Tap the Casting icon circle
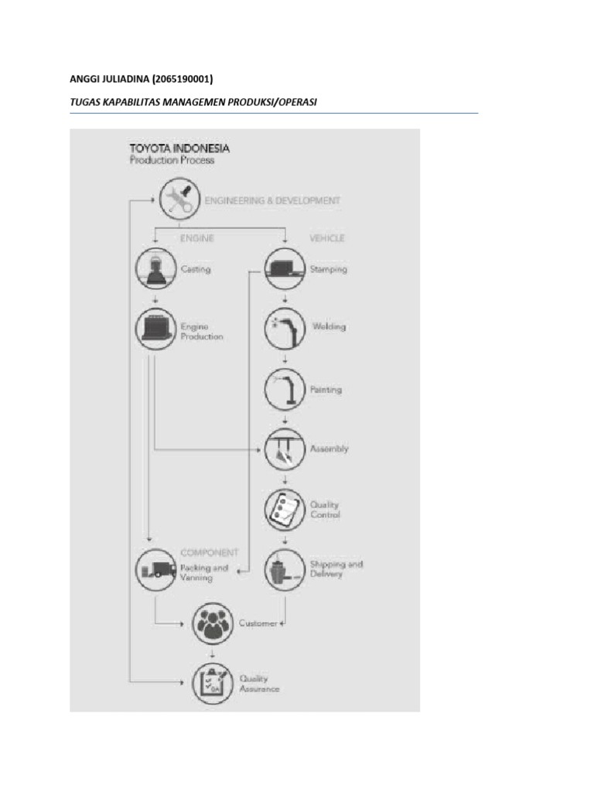point(153,268)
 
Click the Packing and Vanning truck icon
point(153,570)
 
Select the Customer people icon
point(212,623)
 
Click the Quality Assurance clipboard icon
point(212,682)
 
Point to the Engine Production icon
point(153,328)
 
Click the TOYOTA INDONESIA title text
point(178,148)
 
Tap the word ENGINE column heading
point(196,238)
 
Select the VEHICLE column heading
point(326,238)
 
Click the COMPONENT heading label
point(209,553)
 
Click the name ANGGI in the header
point(85,78)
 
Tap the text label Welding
point(329,326)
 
